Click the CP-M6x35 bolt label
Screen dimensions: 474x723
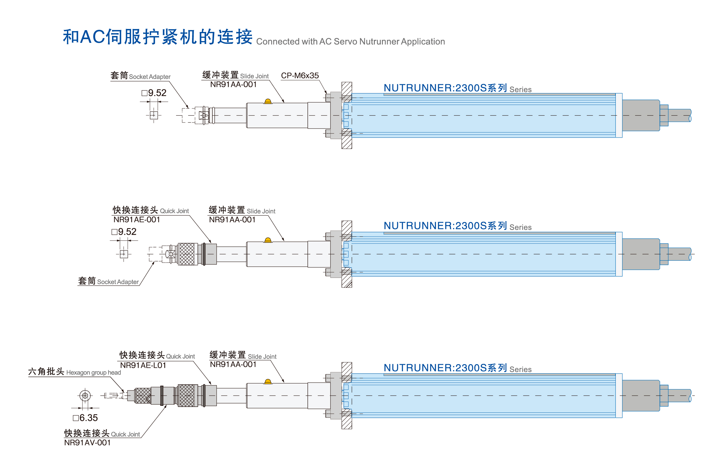tap(300, 75)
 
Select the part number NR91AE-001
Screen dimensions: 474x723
tap(137, 220)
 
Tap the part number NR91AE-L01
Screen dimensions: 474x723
tap(143, 365)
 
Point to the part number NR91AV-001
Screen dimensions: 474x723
tap(88, 443)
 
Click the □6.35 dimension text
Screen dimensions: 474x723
tap(85, 418)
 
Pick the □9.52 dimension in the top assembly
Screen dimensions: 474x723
tap(154, 93)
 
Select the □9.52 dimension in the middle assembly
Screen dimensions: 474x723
tap(124, 232)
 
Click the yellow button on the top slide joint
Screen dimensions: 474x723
tap(268, 101)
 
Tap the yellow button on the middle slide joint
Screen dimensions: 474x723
tap(268, 240)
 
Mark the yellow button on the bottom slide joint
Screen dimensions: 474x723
tap(268, 382)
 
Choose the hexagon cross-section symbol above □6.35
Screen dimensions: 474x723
tap(85, 396)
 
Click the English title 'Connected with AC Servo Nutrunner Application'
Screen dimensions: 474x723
tap(350, 42)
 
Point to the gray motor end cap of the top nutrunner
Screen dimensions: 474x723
tap(641, 115)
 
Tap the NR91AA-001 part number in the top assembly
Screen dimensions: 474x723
tap(233, 85)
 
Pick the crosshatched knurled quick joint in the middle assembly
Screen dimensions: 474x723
tap(187, 254)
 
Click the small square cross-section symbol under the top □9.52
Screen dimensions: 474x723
tap(154, 115)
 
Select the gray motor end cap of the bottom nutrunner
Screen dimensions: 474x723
tap(641, 396)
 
